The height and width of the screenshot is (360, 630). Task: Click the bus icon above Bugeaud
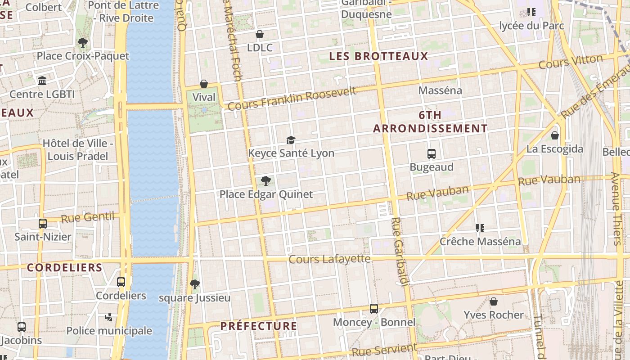pyautogui.click(x=432, y=154)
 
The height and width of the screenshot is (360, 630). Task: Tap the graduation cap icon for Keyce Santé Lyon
pyautogui.click(x=291, y=140)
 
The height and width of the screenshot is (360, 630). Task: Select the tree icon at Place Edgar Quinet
pyautogui.click(x=266, y=181)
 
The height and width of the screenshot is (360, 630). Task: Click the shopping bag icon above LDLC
pyautogui.click(x=260, y=34)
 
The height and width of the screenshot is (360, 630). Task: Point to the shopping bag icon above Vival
pyautogui.click(x=204, y=84)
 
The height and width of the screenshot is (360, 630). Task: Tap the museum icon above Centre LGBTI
pyautogui.click(x=42, y=81)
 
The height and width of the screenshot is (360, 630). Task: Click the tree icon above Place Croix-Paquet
pyautogui.click(x=82, y=43)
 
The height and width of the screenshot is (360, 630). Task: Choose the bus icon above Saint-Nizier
pyautogui.click(x=43, y=224)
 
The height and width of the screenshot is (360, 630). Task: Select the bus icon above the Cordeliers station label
pyautogui.click(x=121, y=282)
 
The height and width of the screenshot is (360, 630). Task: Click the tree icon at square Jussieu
pyautogui.click(x=195, y=284)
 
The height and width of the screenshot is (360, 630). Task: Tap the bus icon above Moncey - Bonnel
pyautogui.click(x=374, y=309)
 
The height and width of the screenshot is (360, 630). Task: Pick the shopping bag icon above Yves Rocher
pyautogui.click(x=494, y=301)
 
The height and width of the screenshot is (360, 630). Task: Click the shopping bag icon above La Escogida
pyautogui.click(x=555, y=135)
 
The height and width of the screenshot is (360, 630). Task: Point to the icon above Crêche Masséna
pyautogui.click(x=480, y=228)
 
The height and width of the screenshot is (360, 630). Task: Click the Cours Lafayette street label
pyautogui.click(x=329, y=259)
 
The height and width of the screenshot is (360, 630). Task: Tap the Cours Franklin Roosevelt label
pyautogui.click(x=292, y=99)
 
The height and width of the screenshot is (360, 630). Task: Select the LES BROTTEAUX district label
pyautogui.click(x=378, y=56)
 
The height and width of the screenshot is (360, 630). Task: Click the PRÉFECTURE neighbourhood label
pyautogui.click(x=259, y=326)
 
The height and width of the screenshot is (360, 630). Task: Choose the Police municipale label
pyautogui.click(x=109, y=331)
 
